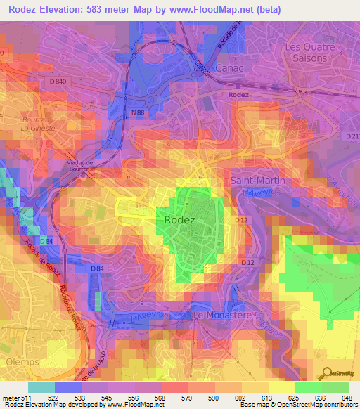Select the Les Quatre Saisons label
tap(306, 53)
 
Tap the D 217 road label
tap(352, 135)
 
